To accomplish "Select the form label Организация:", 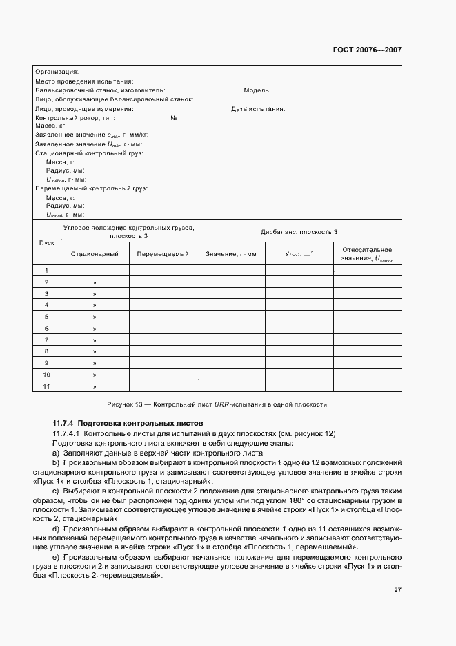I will (x=57, y=71).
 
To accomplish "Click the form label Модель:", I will (x=257, y=90).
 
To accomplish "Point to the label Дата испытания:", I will (x=258, y=108).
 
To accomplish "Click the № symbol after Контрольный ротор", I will (x=174, y=118).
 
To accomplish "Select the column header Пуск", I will (x=47, y=242).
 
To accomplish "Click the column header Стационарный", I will (x=95, y=254).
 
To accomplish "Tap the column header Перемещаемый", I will (x=163, y=254).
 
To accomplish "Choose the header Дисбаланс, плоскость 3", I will (x=298, y=232).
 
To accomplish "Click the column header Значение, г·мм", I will (x=230, y=254).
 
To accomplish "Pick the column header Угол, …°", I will (x=299, y=254).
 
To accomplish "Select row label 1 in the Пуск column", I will (x=47, y=271).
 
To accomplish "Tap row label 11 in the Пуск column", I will (x=47, y=386).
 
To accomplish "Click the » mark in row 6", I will (x=95, y=329).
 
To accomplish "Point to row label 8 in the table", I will (x=47, y=351).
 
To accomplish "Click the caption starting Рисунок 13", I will (x=217, y=404).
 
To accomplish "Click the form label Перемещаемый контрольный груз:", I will (x=91, y=188).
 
